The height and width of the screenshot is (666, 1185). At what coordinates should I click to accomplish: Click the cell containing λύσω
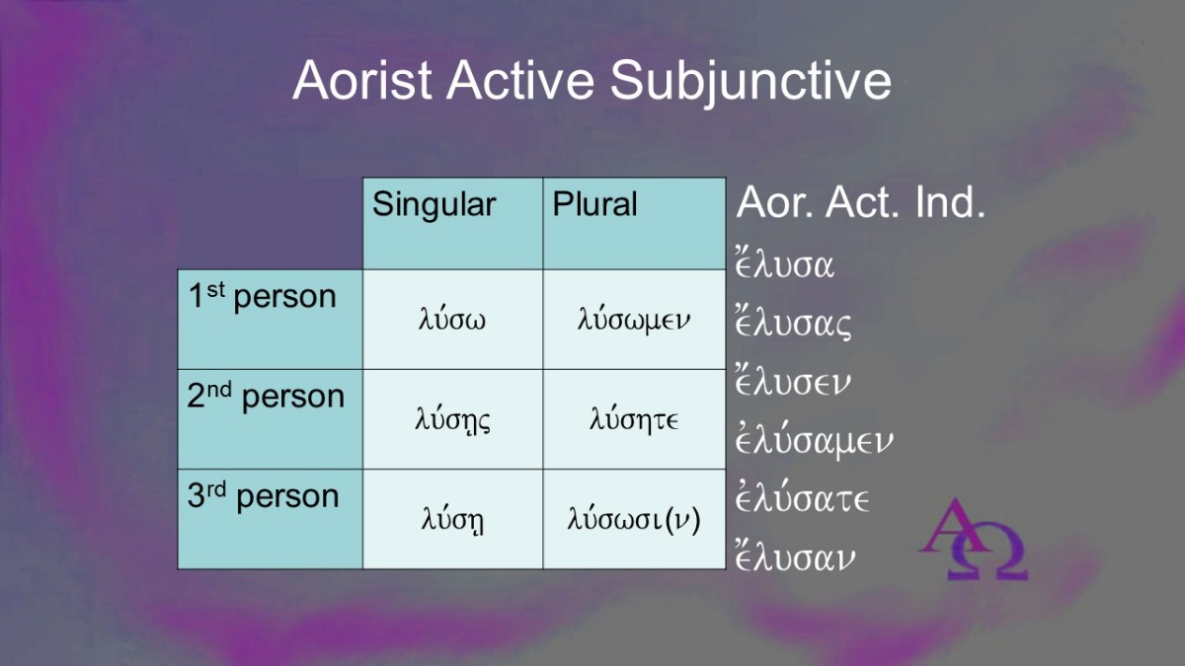pos(452,320)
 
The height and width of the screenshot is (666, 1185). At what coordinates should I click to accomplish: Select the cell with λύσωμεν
pos(634,320)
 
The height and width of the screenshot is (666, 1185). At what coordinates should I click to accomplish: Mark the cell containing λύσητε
pos(634,419)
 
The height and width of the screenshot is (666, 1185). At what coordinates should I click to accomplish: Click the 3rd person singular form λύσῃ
pos(452,520)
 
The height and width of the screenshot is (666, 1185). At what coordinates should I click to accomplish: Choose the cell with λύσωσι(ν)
pos(634,519)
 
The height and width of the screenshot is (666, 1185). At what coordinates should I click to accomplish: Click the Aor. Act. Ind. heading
pos(861,202)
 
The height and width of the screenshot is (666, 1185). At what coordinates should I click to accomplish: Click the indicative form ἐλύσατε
pos(803,498)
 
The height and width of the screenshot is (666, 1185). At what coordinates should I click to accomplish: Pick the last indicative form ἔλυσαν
pos(795,556)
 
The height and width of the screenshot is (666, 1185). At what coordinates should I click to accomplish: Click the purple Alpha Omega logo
pos(975,539)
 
